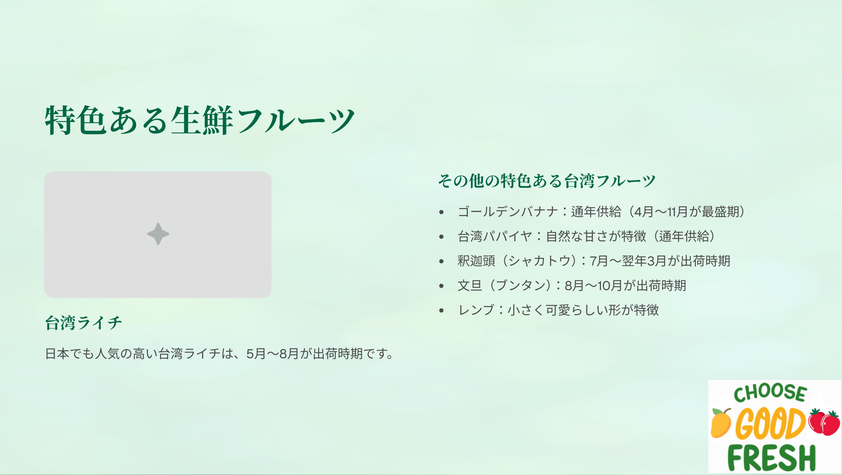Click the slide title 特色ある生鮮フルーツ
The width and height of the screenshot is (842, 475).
(200, 120)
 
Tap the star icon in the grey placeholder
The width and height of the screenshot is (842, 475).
(158, 234)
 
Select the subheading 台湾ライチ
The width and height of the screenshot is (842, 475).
(84, 323)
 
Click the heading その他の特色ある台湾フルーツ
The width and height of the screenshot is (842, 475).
(547, 181)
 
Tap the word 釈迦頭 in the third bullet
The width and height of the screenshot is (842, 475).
(476, 261)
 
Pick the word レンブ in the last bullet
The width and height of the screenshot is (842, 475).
(476, 310)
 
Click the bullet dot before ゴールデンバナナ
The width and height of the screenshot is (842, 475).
(442, 212)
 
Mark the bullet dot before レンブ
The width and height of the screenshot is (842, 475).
(442, 310)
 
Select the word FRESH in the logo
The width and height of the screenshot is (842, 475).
(772, 457)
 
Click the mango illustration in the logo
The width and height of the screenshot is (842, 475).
(721, 423)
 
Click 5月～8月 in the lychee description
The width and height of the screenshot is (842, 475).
(272, 354)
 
